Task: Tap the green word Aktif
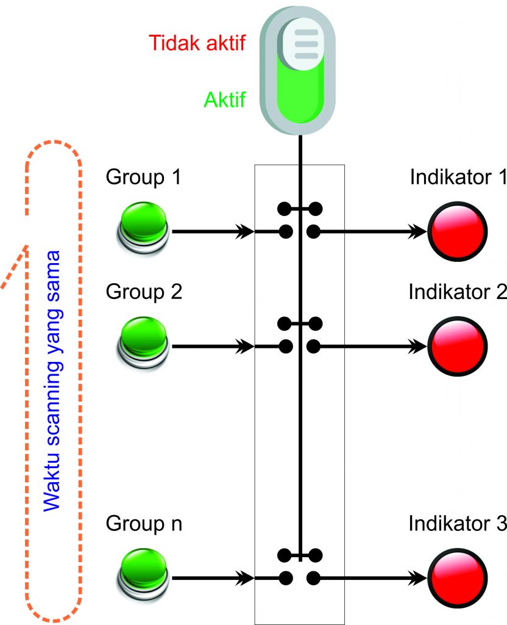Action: point(225,99)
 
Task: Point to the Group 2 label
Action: point(144,292)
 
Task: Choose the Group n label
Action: point(144,524)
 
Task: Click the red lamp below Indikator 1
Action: point(458,231)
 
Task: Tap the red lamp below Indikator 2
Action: point(458,346)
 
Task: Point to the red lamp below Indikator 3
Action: point(458,576)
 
